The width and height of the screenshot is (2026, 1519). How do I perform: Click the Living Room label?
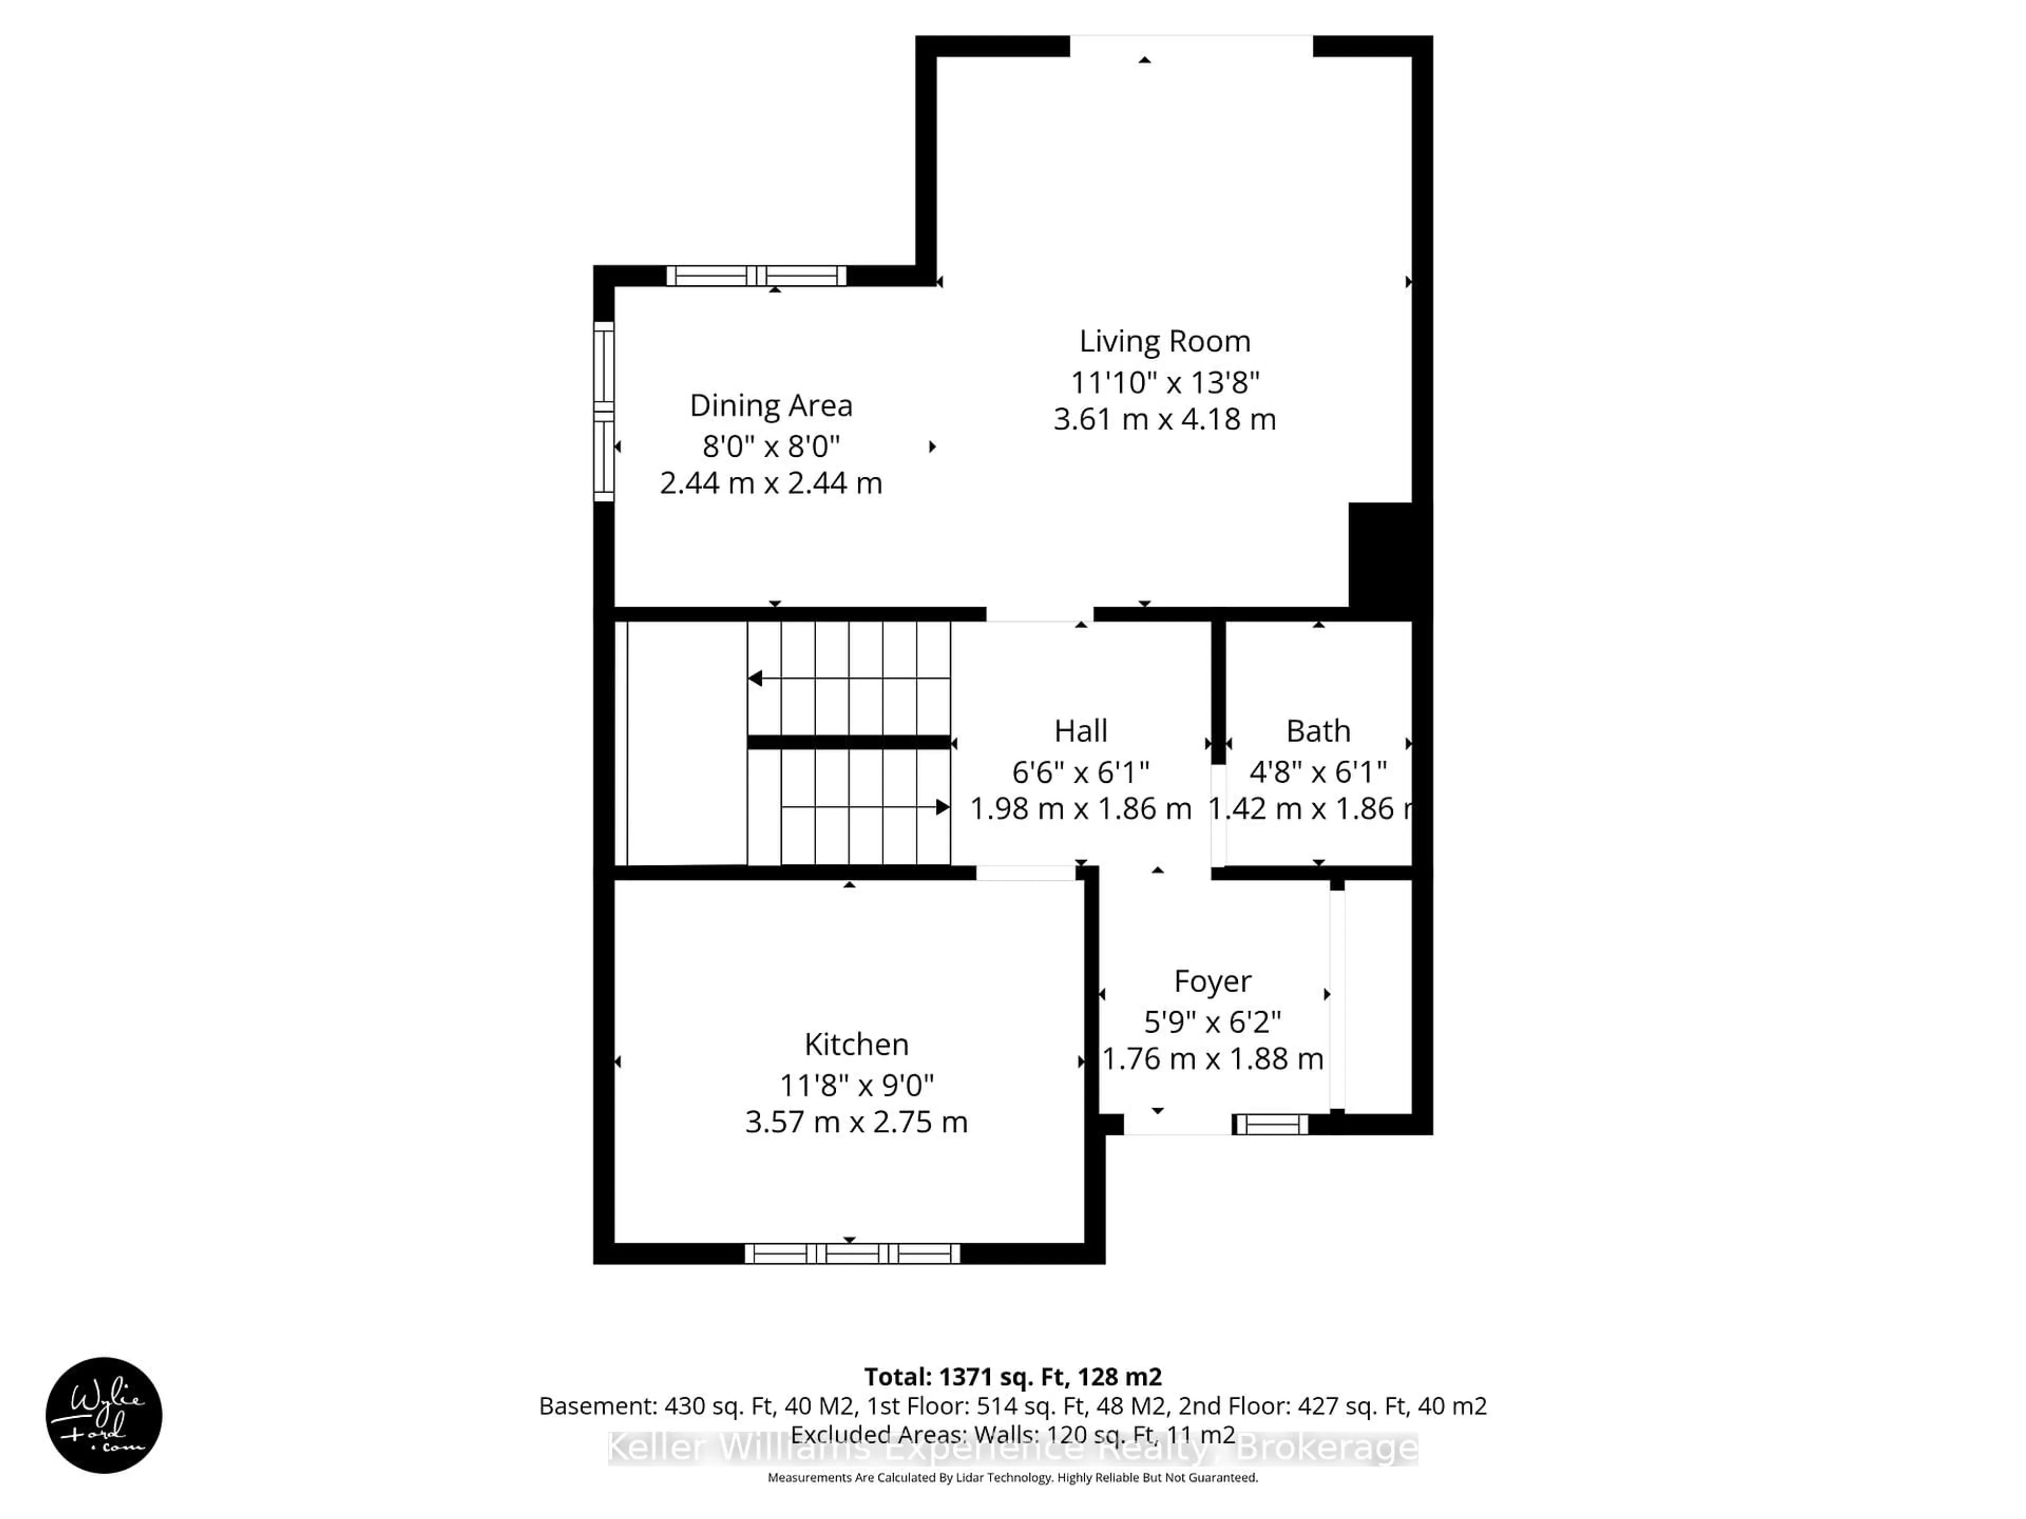click(x=1164, y=342)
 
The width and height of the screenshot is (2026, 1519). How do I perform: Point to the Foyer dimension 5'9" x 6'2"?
click(x=1212, y=1021)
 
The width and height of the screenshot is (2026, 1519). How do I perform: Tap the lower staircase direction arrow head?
click(x=942, y=806)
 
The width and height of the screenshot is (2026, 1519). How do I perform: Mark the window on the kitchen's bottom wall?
click(x=852, y=1254)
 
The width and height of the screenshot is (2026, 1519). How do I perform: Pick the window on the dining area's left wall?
click(x=604, y=411)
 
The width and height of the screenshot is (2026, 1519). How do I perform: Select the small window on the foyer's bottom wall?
click(x=1270, y=1124)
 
